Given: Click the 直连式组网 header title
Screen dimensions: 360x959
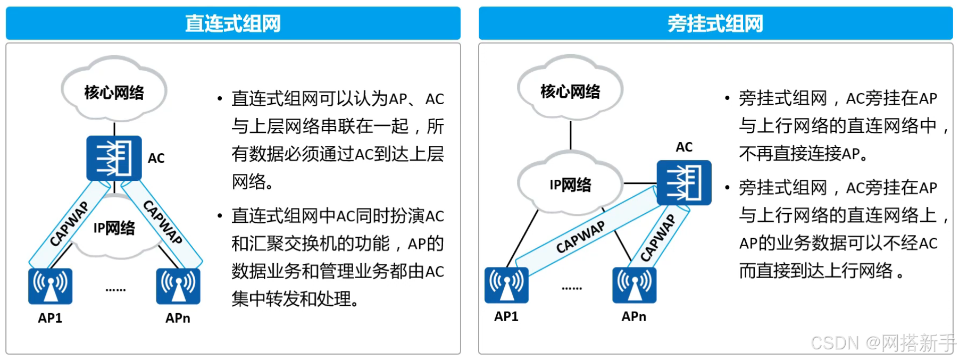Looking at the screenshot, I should click(x=233, y=23).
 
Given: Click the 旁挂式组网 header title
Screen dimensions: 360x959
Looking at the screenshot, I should click(x=715, y=23).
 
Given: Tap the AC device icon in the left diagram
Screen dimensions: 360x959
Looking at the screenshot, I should click(x=114, y=158).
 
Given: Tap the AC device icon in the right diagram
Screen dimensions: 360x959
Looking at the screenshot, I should click(x=683, y=182).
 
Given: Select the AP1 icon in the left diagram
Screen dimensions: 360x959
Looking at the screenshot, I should click(x=50, y=286).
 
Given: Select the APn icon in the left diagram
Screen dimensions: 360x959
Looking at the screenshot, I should click(x=178, y=286).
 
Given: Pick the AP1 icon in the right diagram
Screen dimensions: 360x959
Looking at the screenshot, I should click(x=506, y=285).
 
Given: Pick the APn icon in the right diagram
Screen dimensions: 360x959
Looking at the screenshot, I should click(x=634, y=285).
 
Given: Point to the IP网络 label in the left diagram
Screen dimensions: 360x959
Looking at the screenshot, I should click(x=114, y=228).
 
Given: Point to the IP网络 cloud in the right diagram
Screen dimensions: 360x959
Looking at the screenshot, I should click(x=570, y=184).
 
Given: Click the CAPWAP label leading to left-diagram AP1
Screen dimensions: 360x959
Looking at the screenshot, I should click(x=69, y=223).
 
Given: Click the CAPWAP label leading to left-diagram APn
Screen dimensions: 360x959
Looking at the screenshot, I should click(x=163, y=222).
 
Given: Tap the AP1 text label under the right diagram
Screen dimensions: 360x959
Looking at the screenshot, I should click(x=506, y=316).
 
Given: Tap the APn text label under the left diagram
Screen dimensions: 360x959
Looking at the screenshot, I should click(x=178, y=318).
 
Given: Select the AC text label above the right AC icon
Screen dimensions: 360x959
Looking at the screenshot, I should click(x=684, y=147).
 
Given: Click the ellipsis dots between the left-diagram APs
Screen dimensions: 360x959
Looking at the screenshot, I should click(x=115, y=290).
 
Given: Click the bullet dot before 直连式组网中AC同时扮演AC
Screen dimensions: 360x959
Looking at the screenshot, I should click(x=220, y=216).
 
